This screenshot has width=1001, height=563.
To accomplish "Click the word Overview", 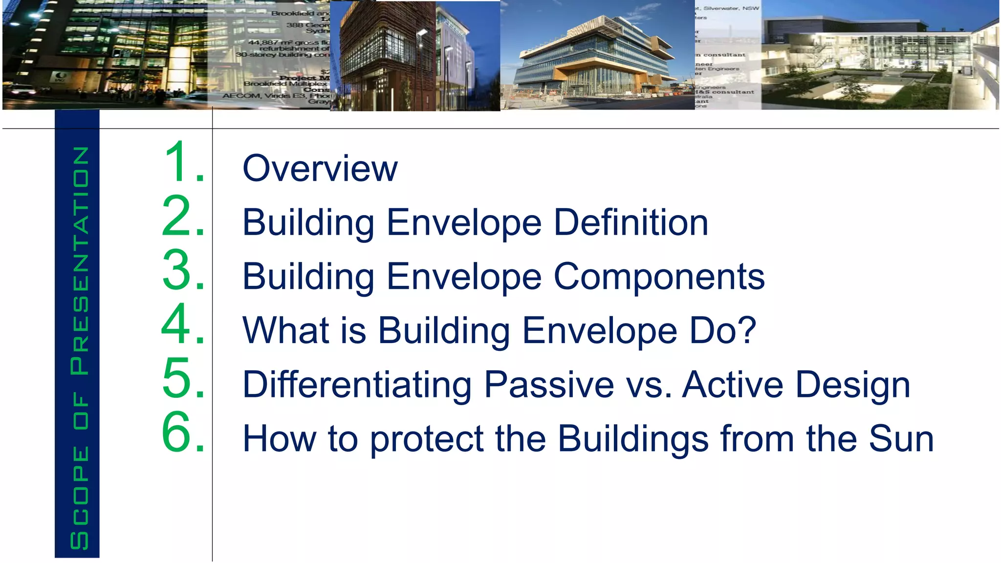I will pyautogui.click(x=320, y=169).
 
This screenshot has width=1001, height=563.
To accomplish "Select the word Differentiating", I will pyautogui.click(x=357, y=385).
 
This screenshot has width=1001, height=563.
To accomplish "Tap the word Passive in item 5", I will pyautogui.click(x=549, y=385).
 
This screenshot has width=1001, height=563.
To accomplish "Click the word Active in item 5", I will pyautogui.click(x=733, y=385).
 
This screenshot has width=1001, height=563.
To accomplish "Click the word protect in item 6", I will pyautogui.click(x=426, y=439).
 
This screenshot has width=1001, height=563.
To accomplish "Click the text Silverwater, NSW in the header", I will pyautogui.click(x=731, y=8).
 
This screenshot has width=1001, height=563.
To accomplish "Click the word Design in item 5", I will pyautogui.click(x=852, y=385).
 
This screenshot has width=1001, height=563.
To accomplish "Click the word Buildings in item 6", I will pyautogui.click(x=633, y=438).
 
